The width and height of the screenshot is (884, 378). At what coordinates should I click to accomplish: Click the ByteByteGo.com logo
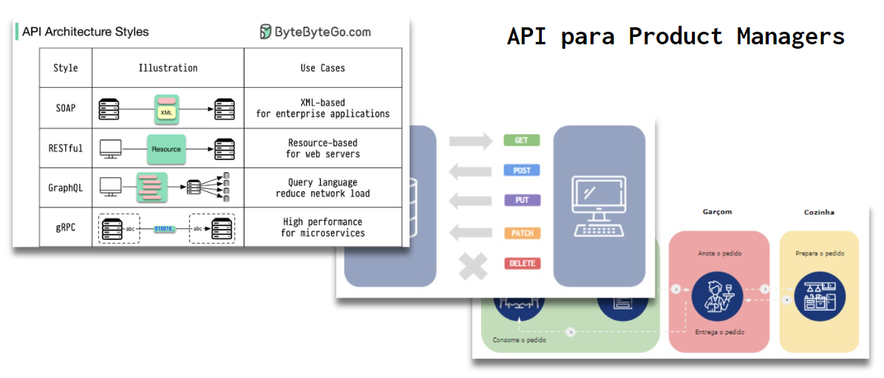point(315,32)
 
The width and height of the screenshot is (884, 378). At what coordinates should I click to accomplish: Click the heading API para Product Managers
point(676,36)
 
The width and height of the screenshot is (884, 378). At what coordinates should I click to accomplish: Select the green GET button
point(522,140)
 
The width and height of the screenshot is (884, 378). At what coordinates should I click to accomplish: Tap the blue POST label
point(522,171)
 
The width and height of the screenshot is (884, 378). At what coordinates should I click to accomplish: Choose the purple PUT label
point(522,200)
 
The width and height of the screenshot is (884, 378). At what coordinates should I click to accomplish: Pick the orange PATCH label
point(522,233)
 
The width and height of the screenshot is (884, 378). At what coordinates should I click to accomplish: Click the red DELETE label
point(522,264)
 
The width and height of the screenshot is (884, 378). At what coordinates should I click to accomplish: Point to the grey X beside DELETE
point(473,267)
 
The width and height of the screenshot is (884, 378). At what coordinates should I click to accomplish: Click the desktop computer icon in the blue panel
point(599,206)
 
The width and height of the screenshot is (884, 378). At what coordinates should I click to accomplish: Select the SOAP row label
point(65,108)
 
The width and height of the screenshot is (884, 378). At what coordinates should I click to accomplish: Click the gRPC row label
point(65,227)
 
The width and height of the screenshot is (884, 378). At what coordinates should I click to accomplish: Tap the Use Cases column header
point(322,68)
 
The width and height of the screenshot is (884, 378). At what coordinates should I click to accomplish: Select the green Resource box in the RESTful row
point(166,148)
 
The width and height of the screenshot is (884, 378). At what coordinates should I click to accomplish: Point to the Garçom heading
point(716,212)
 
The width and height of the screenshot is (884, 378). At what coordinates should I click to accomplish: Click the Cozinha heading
point(819,212)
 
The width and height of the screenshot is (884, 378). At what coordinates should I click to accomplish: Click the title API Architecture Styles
point(85,32)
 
